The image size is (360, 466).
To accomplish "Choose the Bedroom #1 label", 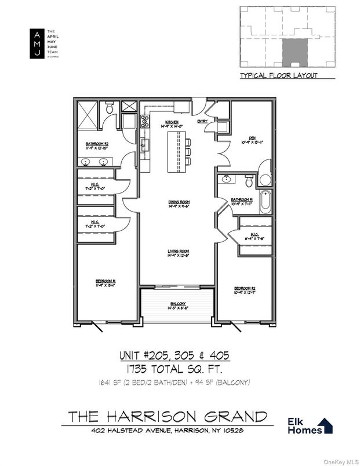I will (x=106, y=283).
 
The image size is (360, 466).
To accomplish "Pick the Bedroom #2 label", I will (x=244, y=289).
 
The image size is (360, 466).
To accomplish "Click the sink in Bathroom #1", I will (x=226, y=180).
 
